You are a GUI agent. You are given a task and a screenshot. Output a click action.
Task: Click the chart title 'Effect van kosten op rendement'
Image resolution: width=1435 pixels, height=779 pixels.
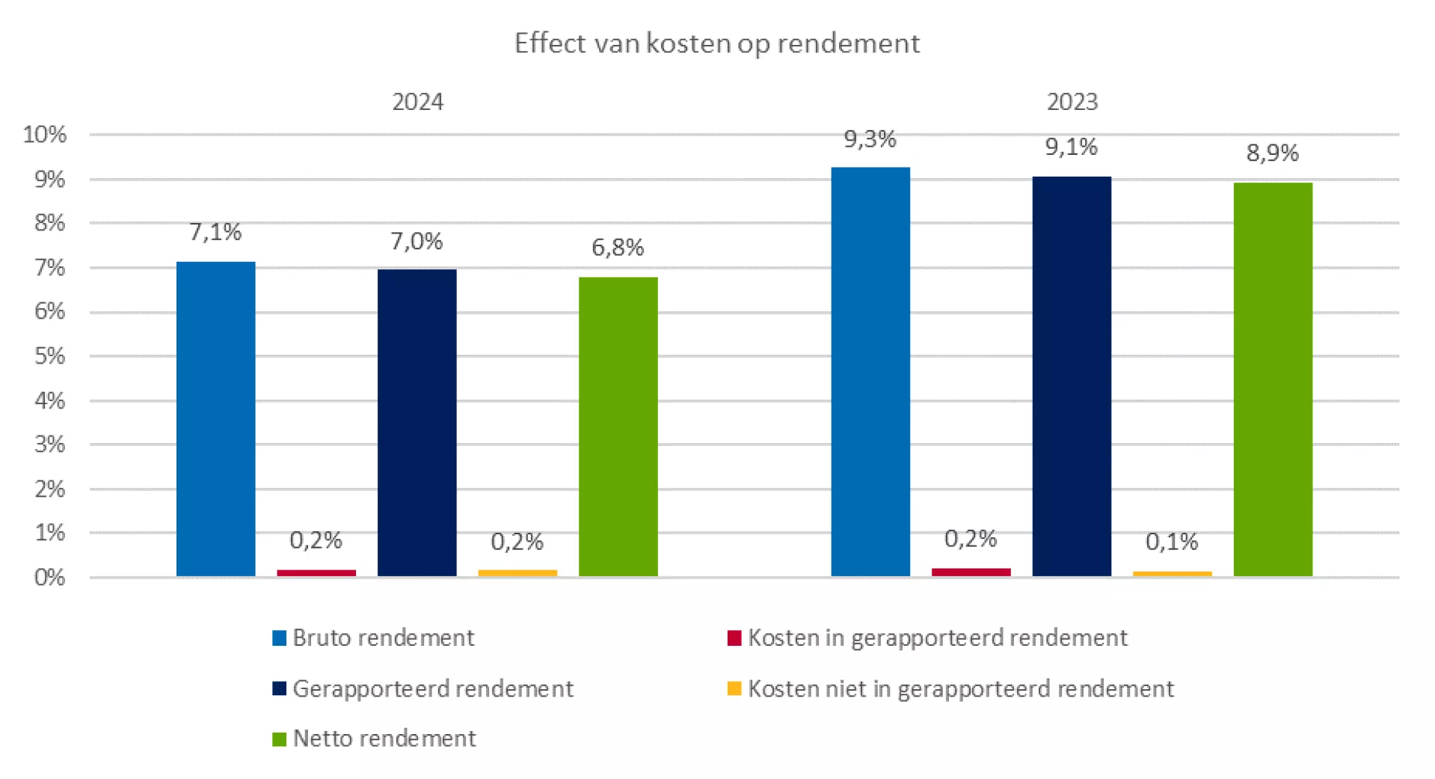pyautogui.click(x=716, y=43)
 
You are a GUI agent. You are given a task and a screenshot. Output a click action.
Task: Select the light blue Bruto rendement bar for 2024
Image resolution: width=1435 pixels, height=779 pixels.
pyautogui.click(x=215, y=419)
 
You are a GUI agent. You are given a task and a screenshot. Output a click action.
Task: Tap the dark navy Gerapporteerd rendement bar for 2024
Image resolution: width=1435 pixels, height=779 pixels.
pyautogui.click(x=417, y=423)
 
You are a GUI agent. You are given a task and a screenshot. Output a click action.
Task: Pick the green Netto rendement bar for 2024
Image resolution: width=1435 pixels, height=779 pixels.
pyautogui.click(x=618, y=427)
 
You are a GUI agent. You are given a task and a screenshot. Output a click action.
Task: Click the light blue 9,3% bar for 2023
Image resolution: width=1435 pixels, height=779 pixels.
pyautogui.click(x=870, y=372)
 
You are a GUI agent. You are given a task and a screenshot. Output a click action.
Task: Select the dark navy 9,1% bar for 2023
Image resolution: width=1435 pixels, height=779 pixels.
pyautogui.click(x=1072, y=376)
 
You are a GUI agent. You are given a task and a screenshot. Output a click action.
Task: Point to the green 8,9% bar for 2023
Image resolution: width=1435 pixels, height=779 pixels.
pyautogui.click(x=1273, y=379)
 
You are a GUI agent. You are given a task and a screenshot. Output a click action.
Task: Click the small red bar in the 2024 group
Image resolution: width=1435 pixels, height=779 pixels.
pyautogui.click(x=316, y=572)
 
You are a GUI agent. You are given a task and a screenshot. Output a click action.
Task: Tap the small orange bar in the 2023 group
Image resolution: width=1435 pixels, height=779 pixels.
pyautogui.click(x=1172, y=574)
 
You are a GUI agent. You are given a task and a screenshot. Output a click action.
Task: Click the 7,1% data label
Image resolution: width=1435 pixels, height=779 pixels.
pyautogui.click(x=215, y=232)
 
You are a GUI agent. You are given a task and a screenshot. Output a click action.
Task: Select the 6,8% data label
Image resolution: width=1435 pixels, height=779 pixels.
pyautogui.click(x=618, y=247)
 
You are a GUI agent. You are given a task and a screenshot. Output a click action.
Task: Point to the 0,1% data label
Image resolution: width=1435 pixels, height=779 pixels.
pyautogui.click(x=1172, y=541)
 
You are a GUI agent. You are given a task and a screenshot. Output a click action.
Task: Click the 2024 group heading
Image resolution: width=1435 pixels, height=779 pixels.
pyautogui.click(x=417, y=102)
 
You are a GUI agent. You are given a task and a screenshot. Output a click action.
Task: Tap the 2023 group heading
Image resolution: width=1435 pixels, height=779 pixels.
pyautogui.click(x=1072, y=102)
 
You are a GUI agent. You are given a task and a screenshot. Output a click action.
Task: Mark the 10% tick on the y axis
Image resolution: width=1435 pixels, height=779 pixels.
pyautogui.click(x=45, y=135)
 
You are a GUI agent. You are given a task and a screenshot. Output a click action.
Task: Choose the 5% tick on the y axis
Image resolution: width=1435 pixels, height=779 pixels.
pyautogui.click(x=49, y=356)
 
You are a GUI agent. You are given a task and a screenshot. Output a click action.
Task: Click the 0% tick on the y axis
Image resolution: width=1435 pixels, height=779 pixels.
pyautogui.click(x=49, y=577)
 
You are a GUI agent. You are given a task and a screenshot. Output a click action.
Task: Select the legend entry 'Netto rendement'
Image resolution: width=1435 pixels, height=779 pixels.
pyautogui.click(x=384, y=739)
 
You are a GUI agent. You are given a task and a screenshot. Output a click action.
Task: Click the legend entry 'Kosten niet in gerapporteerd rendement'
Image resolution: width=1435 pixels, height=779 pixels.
pyautogui.click(x=960, y=688)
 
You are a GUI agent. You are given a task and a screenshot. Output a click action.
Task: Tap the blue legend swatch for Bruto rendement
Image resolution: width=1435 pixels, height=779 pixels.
pyautogui.click(x=280, y=638)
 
